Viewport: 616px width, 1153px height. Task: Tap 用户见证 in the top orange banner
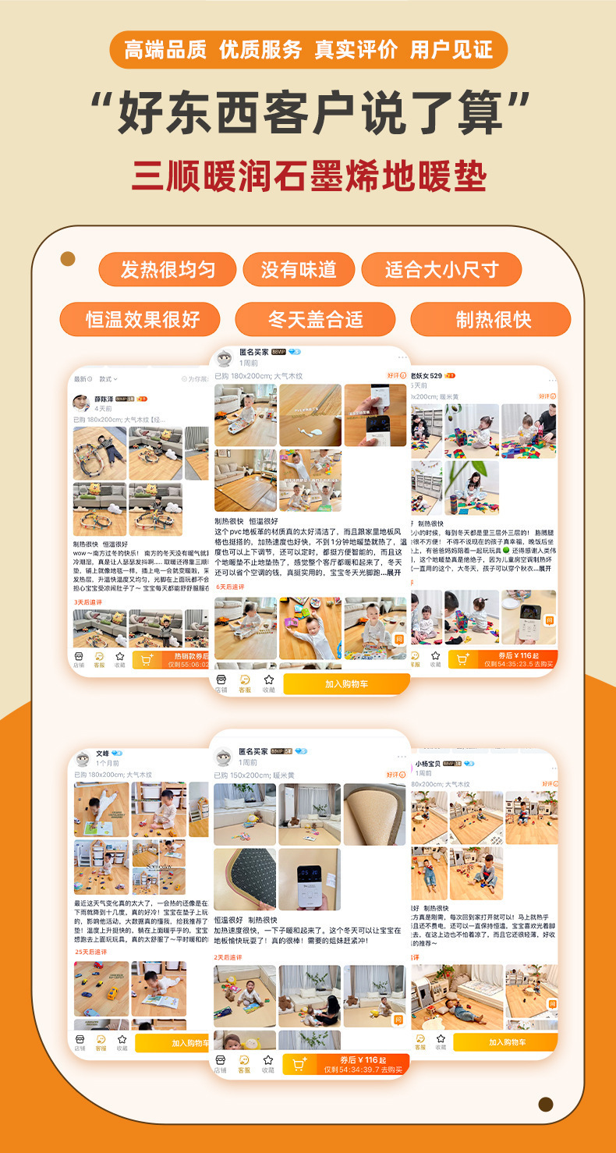pyautogui.click(x=451, y=50)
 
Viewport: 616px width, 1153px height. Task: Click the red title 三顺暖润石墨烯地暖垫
pyautogui.click(x=309, y=176)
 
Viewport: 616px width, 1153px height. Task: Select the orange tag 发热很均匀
pyautogui.click(x=167, y=270)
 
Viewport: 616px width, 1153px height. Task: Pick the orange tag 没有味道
pyautogui.click(x=299, y=270)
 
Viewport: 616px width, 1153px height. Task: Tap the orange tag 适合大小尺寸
pyautogui.click(x=441, y=270)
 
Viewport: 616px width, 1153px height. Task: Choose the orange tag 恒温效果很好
pyautogui.click(x=141, y=320)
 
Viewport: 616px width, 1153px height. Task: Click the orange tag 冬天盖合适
pyautogui.click(x=315, y=320)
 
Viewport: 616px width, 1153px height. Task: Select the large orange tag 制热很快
pyautogui.click(x=493, y=320)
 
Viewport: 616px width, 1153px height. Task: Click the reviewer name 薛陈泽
pyautogui.click(x=104, y=398)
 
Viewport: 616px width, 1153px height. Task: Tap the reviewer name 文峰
pyautogui.click(x=102, y=754)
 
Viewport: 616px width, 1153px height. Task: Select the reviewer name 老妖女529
pyautogui.click(x=427, y=375)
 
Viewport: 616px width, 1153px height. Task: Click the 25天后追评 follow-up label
pyautogui.click(x=91, y=952)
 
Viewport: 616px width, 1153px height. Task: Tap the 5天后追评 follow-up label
pyautogui.click(x=230, y=587)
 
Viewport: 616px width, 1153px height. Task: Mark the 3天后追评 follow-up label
pyautogui.click(x=88, y=602)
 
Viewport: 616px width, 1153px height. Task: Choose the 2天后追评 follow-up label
pyautogui.click(x=228, y=956)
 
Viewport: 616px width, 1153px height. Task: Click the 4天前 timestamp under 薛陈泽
pyautogui.click(x=103, y=408)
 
